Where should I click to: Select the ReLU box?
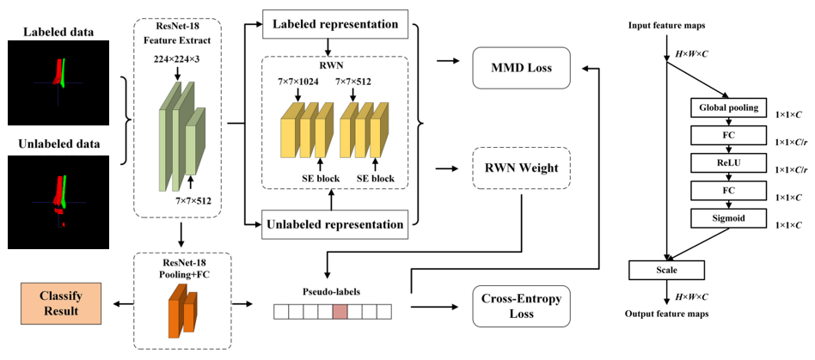pos(728,163)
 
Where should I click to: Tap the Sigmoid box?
pos(728,219)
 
